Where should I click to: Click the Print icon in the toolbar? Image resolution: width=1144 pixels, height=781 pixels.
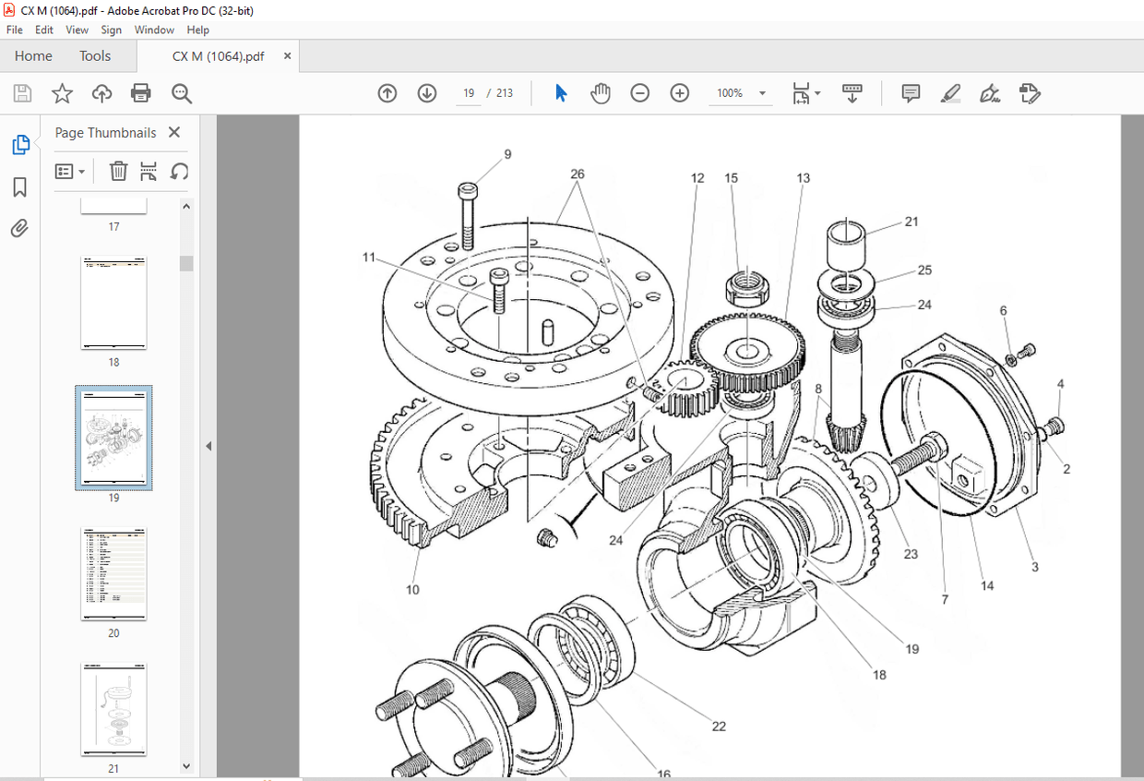(x=140, y=93)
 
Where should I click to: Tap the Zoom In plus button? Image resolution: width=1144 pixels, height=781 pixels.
(x=679, y=93)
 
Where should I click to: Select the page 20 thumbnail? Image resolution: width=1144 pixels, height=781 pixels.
(x=113, y=573)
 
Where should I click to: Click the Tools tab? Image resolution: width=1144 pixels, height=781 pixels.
(x=95, y=55)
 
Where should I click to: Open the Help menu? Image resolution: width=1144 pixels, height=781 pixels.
(x=197, y=30)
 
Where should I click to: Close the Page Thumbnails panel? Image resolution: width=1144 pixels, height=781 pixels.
(x=174, y=132)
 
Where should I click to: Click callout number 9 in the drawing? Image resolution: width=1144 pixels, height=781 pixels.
(x=507, y=154)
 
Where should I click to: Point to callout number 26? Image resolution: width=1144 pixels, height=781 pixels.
(x=578, y=174)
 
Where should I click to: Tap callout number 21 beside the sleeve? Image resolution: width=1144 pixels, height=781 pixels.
(x=912, y=222)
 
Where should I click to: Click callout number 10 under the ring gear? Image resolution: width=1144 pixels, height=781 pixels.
(x=412, y=589)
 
